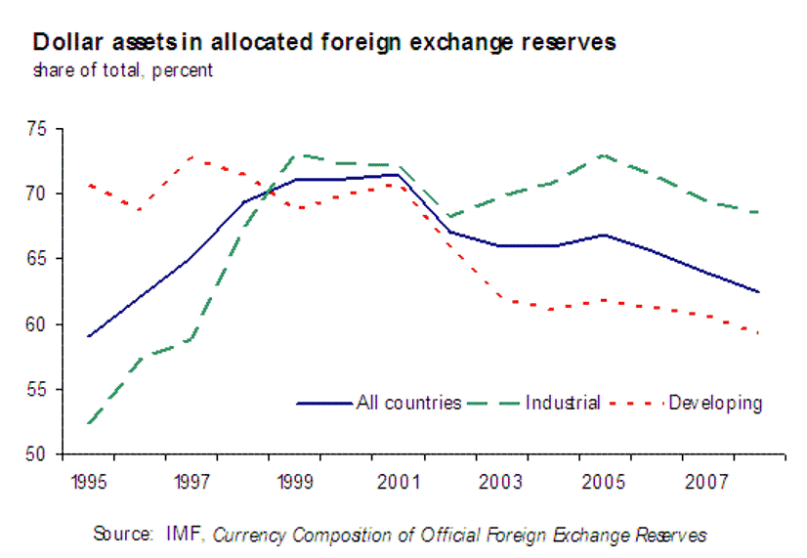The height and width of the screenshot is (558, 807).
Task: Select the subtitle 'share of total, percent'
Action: [122, 70]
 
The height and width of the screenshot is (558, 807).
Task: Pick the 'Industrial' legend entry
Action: [562, 403]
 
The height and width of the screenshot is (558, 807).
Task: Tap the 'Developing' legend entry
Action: [715, 403]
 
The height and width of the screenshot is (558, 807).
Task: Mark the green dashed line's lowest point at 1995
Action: [90, 423]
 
